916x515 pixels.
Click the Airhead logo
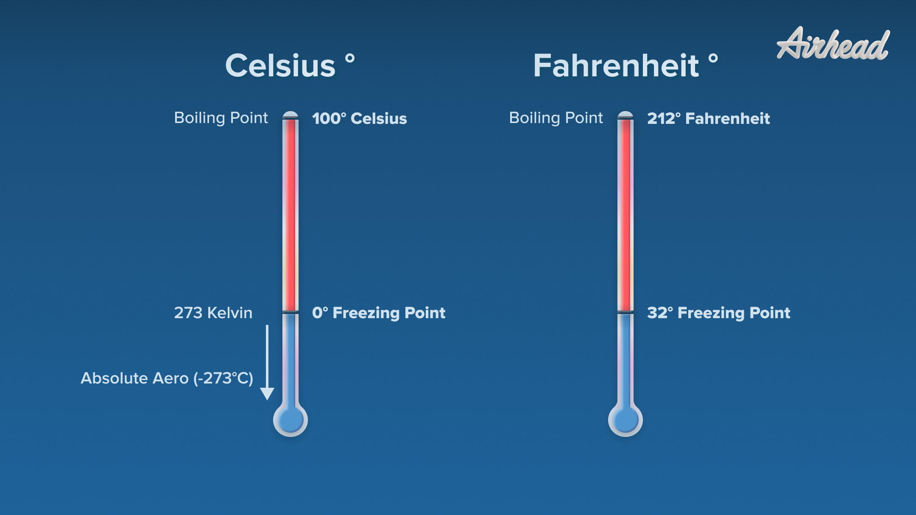833,44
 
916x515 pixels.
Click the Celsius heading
280,66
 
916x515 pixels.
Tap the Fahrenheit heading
616,66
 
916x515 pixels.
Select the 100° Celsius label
359,118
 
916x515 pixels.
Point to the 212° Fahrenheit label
708,118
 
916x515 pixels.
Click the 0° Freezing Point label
378,313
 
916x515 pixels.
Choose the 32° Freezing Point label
718,313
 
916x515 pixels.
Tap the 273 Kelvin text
213,313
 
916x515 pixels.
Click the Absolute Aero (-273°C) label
167,378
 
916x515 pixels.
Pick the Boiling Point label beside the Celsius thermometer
221,118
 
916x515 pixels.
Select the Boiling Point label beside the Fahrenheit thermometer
556,118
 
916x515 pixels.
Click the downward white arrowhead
267,394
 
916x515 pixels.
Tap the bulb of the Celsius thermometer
290,420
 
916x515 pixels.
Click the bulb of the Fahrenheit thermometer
626,420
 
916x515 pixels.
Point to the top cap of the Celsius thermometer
290,115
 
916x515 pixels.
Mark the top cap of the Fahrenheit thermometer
626,115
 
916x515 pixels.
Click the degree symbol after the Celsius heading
350,58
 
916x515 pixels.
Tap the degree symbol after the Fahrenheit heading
713,58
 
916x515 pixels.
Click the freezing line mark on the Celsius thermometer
290,312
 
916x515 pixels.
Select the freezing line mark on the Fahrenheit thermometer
626,312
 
